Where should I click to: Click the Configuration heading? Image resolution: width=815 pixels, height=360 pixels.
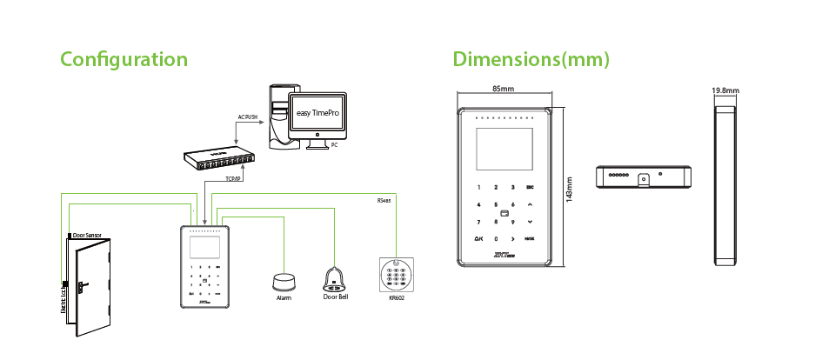[124, 59]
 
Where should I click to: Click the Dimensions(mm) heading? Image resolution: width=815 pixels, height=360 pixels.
[531, 59]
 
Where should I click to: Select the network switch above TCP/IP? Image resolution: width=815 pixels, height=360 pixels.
[217, 160]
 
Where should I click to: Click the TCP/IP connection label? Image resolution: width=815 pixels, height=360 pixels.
[232, 179]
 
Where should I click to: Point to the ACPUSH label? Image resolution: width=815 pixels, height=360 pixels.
[250, 116]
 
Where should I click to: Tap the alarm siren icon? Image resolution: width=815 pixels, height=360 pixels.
[284, 282]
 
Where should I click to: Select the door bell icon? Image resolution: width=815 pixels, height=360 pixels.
[335, 278]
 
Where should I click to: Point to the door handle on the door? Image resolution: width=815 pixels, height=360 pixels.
[81, 285]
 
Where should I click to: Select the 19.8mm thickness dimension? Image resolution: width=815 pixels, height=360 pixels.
[725, 90]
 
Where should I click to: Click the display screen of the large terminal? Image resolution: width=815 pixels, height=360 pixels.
[502, 148]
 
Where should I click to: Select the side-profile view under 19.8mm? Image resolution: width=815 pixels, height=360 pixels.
[725, 183]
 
